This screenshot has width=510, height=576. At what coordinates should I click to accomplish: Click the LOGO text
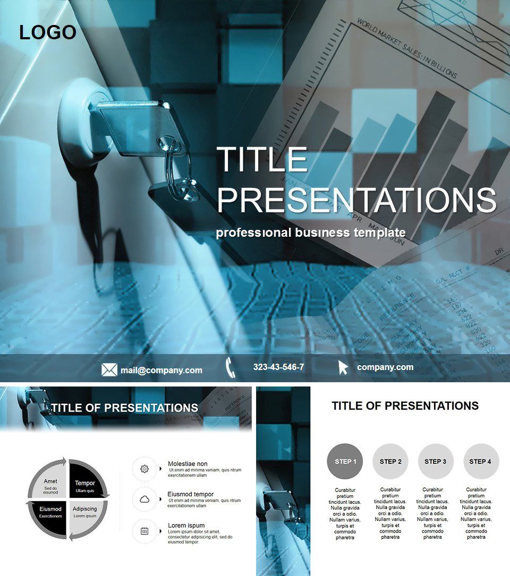pyautogui.click(x=48, y=33)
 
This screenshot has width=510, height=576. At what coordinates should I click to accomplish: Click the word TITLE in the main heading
pyautogui.click(x=262, y=159)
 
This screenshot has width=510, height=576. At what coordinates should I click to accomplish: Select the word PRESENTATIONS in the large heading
pyautogui.click(x=356, y=200)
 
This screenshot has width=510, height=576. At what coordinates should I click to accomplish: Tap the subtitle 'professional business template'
pyautogui.click(x=311, y=233)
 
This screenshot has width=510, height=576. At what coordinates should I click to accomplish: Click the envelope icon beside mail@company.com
pyautogui.click(x=109, y=369)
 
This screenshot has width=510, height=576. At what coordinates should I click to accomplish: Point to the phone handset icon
pyautogui.click(x=230, y=367)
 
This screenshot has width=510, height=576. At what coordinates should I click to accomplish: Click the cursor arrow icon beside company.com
pyautogui.click(x=343, y=367)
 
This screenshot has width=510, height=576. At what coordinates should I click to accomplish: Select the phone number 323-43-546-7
pyautogui.click(x=278, y=367)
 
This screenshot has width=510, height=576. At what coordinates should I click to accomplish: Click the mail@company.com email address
pyautogui.click(x=161, y=370)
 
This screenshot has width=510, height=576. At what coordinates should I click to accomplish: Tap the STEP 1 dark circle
pyautogui.click(x=345, y=461)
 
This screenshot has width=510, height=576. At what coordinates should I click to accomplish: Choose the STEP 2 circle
pyautogui.click(x=390, y=461)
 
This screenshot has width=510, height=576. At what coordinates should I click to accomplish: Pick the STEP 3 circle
pyautogui.click(x=436, y=461)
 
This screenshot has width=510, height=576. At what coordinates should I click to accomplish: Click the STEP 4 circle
pyautogui.click(x=481, y=461)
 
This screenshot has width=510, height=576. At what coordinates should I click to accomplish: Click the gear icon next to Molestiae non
pyautogui.click(x=144, y=469)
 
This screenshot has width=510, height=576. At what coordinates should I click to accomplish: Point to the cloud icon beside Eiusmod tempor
pyautogui.click(x=144, y=500)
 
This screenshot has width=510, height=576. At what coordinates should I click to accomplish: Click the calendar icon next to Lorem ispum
pyautogui.click(x=144, y=530)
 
